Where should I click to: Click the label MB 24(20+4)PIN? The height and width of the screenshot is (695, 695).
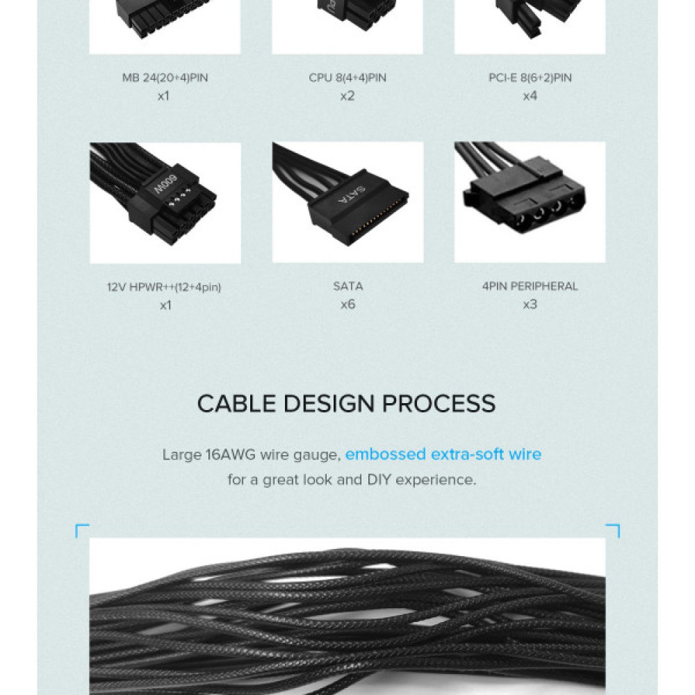165,78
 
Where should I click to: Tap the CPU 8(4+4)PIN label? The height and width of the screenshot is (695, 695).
347,78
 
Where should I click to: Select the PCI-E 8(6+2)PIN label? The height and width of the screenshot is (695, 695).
530,78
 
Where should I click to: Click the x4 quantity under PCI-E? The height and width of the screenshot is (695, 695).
530,96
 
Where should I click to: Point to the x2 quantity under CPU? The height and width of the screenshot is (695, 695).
347,96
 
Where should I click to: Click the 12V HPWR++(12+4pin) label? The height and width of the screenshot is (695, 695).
165,286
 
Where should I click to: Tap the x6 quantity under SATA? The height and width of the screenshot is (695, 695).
347,304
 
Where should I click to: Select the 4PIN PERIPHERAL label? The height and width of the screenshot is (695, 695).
530,286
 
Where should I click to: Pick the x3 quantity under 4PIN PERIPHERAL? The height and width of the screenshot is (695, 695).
530,304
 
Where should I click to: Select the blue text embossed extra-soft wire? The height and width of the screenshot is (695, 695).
443,455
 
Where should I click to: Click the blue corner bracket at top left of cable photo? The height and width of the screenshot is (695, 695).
81,530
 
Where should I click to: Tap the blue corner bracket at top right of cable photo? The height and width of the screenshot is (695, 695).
613,530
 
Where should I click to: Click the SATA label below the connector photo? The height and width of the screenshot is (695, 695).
347,286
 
